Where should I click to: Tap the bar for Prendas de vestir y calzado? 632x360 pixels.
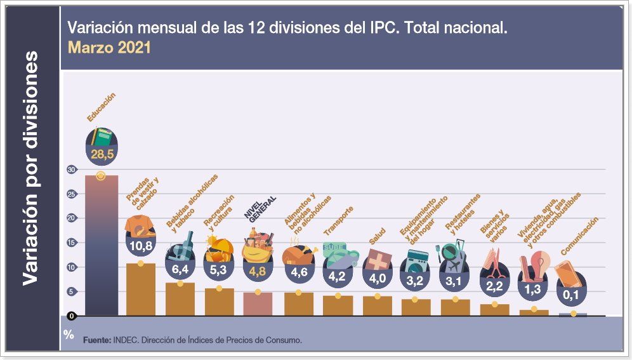click(x=141, y=289)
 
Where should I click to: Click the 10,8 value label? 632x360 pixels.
click(x=141, y=245)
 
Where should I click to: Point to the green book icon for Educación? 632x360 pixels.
click(x=102, y=137)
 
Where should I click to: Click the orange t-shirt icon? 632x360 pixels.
click(x=140, y=225)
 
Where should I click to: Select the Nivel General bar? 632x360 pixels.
click(x=258, y=303)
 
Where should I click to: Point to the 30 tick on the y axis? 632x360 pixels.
click(x=71, y=170)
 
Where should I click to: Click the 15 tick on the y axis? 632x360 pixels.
click(x=71, y=243)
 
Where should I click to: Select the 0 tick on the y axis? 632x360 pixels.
click(x=72, y=316)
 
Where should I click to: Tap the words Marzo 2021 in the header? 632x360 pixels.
click(x=109, y=48)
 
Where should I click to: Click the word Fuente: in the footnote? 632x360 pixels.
click(x=97, y=340)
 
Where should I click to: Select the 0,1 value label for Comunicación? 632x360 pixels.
click(x=574, y=295)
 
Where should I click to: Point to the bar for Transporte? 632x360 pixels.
click(x=338, y=305)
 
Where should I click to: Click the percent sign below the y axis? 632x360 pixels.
click(x=69, y=335)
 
